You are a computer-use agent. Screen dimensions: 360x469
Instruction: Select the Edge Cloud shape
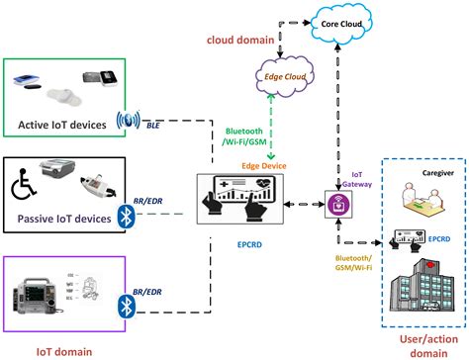coord(283,75)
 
